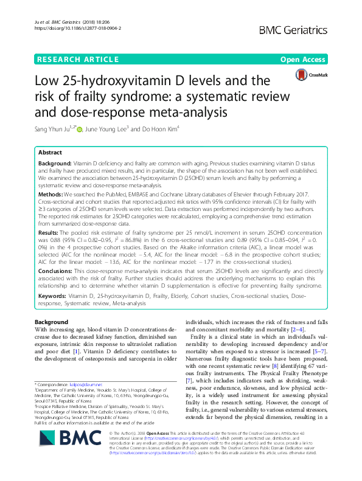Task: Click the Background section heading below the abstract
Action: [x=52, y=321]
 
